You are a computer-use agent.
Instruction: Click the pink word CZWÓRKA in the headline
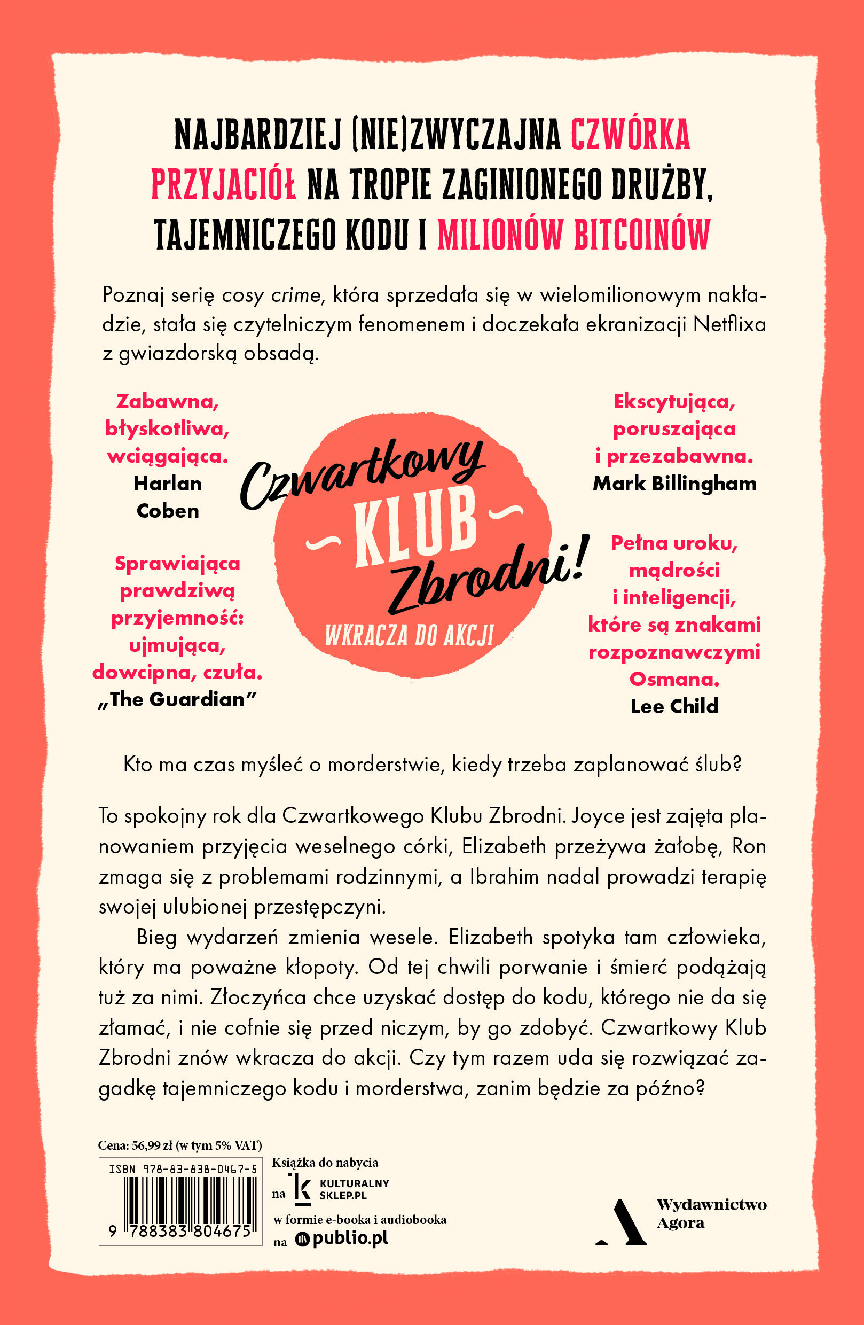click(x=630, y=135)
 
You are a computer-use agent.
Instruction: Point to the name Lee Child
click(x=674, y=706)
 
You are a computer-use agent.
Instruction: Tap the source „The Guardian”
click(x=177, y=700)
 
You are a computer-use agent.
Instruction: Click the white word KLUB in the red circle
click(x=415, y=527)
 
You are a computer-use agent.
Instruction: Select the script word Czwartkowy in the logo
click(x=362, y=473)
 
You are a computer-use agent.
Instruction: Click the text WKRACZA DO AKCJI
click(x=410, y=635)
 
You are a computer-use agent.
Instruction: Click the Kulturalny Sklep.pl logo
click(x=340, y=1189)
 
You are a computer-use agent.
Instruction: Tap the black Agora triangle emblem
click(x=623, y=1222)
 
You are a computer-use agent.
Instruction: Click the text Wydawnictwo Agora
click(x=711, y=1214)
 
